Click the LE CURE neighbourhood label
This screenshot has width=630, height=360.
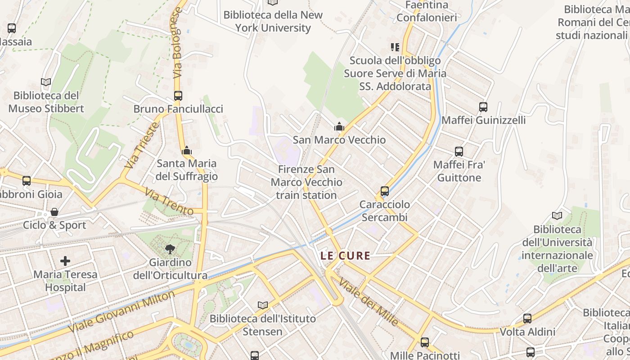[345, 256]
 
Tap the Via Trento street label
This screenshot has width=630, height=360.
[168, 201]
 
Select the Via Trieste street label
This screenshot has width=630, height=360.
[141, 145]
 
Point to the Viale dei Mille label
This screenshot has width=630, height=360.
[368, 302]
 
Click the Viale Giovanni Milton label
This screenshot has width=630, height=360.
[121, 312]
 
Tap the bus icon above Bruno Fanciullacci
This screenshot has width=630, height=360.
[178, 96]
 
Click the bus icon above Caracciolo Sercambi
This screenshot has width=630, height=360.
[384, 191]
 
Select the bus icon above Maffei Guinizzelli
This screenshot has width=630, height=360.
[483, 107]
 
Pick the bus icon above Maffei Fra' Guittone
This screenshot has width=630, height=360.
[459, 152]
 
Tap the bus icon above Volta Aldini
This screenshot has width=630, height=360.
[527, 319]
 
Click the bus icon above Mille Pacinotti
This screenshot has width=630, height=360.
[425, 342]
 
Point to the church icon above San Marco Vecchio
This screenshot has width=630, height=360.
[339, 127]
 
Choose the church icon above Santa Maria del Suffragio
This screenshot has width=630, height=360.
[187, 150]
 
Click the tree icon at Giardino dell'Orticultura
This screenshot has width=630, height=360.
[170, 249]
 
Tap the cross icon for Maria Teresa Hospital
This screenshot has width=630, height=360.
[65, 261]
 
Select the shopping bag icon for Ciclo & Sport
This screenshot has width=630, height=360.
[54, 212]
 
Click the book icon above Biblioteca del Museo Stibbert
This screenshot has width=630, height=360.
[46, 82]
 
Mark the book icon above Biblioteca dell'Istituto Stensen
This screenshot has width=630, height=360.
[263, 306]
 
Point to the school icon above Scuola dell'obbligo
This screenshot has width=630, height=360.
[395, 47]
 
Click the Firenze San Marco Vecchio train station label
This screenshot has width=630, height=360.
[306, 182]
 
